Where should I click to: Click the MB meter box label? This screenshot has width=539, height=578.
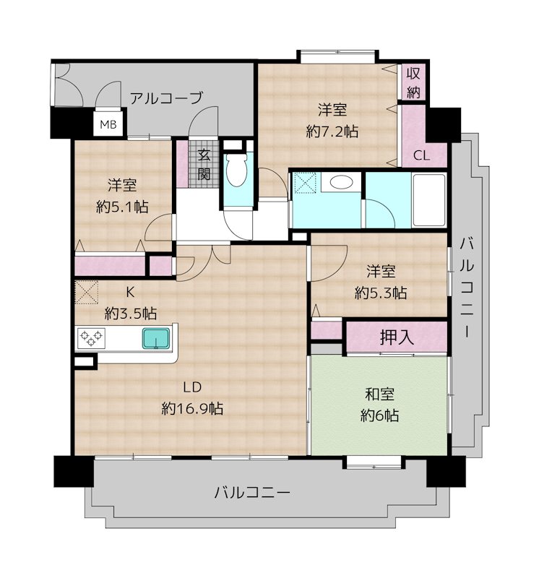click(108, 124)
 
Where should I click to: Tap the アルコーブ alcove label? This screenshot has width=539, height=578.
click(166, 98)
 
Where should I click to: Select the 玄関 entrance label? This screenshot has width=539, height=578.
click(204, 165)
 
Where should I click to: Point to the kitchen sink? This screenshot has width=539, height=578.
click(156, 338)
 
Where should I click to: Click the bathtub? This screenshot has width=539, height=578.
click(428, 199)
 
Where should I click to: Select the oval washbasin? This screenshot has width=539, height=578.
click(341, 182)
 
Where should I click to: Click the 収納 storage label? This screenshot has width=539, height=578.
click(413, 82)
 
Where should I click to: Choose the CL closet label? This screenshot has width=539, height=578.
click(421, 156)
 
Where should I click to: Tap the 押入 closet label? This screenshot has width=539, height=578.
click(397, 337)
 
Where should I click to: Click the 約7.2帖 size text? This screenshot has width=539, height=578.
click(332, 131)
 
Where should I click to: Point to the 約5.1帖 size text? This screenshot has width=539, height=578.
click(122, 207)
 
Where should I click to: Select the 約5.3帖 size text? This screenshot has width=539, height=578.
click(381, 293)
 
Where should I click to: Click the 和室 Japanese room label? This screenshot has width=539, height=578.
click(380, 394)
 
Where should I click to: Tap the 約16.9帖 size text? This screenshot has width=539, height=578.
click(192, 408)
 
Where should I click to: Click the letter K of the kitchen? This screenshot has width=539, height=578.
click(130, 293)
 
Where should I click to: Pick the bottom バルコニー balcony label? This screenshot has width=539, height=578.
click(252, 493)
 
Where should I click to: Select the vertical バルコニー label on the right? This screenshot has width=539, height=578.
click(467, 288)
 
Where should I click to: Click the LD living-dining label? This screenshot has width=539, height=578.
click(192, 387)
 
